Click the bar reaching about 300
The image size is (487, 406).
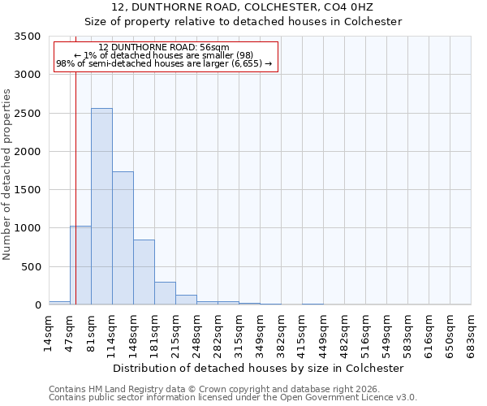pos(165,293)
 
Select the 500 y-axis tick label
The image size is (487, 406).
pos(32,267)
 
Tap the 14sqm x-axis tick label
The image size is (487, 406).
pos(50,331)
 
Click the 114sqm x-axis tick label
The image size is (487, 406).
pos(113,334)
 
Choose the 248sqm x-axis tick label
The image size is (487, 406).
pos(197,334)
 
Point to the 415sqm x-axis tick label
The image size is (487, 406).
pos(303,334)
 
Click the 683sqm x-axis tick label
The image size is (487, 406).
pos(472,334)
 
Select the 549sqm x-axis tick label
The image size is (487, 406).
pos(387,334)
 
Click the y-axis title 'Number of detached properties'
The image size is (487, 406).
pos(8,175)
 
